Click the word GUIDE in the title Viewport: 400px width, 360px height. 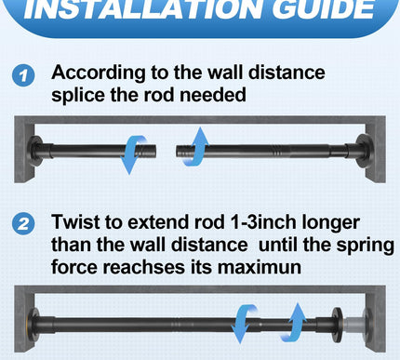324,8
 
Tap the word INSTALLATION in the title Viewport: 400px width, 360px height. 143,8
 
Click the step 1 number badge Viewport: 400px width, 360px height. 23,76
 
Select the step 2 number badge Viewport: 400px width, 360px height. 23,224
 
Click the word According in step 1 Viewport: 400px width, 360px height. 99,73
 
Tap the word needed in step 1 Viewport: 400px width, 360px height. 213,94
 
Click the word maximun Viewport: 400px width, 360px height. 260,267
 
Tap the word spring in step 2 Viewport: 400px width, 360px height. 366,246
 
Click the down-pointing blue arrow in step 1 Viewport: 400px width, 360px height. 133,153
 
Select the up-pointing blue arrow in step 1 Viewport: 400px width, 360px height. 194,147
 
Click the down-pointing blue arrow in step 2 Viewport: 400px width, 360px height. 244,324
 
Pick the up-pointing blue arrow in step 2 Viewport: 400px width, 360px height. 293,323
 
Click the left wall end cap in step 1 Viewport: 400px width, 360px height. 34,151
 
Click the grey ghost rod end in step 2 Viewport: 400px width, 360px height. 356,325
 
